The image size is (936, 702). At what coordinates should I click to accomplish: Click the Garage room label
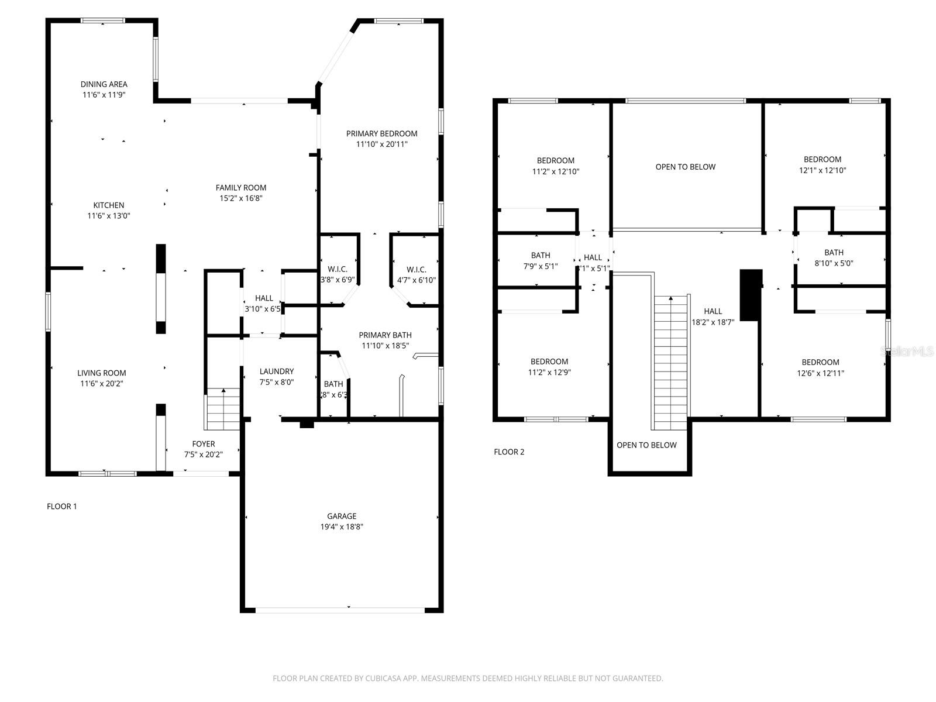click(342, 516)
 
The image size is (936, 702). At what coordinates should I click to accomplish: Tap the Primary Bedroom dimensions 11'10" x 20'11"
click(381, 144)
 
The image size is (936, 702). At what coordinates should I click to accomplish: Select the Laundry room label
click(277, 371)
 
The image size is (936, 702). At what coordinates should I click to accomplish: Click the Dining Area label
click(104, 84)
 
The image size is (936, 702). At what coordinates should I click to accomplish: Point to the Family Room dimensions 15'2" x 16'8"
click(241, 198)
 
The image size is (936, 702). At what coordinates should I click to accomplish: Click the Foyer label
click(204, 444)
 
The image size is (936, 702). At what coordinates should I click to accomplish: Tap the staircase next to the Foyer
click(223, 409)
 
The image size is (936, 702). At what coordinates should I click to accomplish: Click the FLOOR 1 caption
click(62, 507)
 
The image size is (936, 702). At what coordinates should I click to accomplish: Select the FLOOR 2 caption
click(509, 452)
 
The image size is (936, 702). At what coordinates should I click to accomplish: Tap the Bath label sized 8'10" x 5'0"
click(834, 253)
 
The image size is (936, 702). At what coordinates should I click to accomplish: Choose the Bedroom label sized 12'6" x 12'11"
click(820, 362)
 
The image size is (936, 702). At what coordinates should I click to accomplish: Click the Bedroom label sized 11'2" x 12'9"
click(549, 362)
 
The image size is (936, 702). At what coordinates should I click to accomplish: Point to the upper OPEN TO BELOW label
click(685, 167)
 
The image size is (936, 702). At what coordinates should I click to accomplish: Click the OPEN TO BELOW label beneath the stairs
click(646, 445)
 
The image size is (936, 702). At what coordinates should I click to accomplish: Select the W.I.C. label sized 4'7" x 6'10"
click(416, 269)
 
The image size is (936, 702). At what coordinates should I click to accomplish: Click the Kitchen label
click(109, 205)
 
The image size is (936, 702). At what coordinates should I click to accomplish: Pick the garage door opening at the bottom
click(340, 610)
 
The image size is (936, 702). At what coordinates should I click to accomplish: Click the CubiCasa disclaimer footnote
click(467, 679)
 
